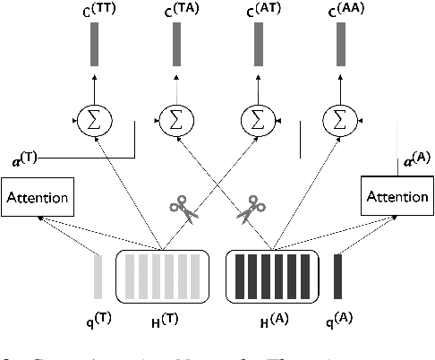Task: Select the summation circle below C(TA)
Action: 175,119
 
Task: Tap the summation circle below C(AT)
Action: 257,119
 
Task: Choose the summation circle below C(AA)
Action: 338,119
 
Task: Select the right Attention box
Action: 395,193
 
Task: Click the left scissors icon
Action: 183,211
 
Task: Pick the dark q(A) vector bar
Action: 337,275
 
